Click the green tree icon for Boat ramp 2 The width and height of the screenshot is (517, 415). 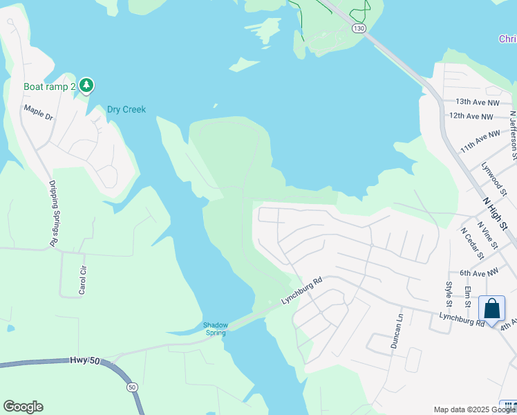pos(86,86)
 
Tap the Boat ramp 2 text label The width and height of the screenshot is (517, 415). pos(49,86)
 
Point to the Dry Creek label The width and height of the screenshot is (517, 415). pos(126,109)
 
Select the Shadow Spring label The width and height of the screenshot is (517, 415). pos(216,329)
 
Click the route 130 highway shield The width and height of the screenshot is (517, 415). pos(358,28)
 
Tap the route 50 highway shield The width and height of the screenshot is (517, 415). pos(132,387)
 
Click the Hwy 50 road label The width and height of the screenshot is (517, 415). pos(85,361)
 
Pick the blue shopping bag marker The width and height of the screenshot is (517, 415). pos(491,308)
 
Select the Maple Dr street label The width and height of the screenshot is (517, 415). pos(38,112)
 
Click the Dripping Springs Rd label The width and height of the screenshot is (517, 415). pos(53,213)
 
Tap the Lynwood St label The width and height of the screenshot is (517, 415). pos(493,176)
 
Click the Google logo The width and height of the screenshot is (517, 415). pos(23,407)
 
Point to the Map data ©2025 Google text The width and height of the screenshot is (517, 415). pos(465,409)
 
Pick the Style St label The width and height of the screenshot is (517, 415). pos(449,293)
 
